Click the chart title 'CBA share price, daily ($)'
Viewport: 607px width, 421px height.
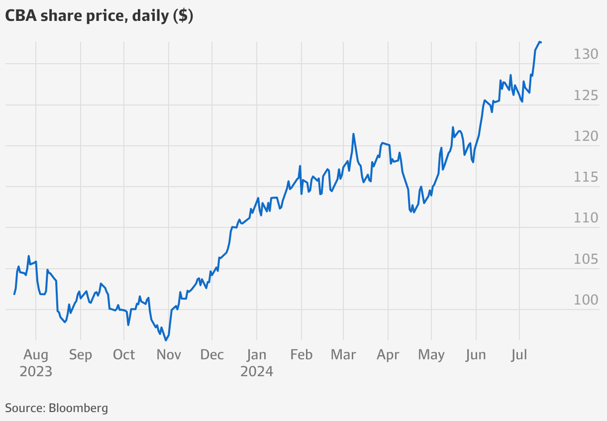(x=99, y=16)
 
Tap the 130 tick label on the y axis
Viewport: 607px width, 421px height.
(x=586, y=54)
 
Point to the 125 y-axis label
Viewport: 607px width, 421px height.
(x=586, y=95)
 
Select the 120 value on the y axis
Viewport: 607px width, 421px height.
(x=586, y=136)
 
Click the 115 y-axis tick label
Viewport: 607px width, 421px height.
(x=586, y=177)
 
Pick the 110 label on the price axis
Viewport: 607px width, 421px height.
(x=586, y=218)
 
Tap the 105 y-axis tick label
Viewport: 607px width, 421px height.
(x=586, y=259)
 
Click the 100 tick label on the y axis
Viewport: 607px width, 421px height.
(x=586, y=300)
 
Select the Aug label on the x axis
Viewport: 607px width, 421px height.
(x=36, y=355)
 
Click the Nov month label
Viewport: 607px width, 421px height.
(x=169, y=355)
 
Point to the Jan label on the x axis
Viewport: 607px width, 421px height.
(x=257, y=355)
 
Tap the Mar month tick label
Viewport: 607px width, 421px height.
(x=343, y=355)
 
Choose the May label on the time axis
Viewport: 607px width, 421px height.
(x=431, y=355)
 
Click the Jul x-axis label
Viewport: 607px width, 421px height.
(x=519, y=355)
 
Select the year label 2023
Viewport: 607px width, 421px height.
(x=36, y=371)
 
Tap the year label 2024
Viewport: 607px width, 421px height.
(x=257, y=371)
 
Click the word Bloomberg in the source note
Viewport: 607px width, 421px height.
(x=78, y=409)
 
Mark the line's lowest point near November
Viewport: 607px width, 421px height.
(x=166, y=340)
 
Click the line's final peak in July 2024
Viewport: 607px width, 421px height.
(x=540, y=42)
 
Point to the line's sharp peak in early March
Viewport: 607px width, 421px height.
(x=353, y=134)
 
